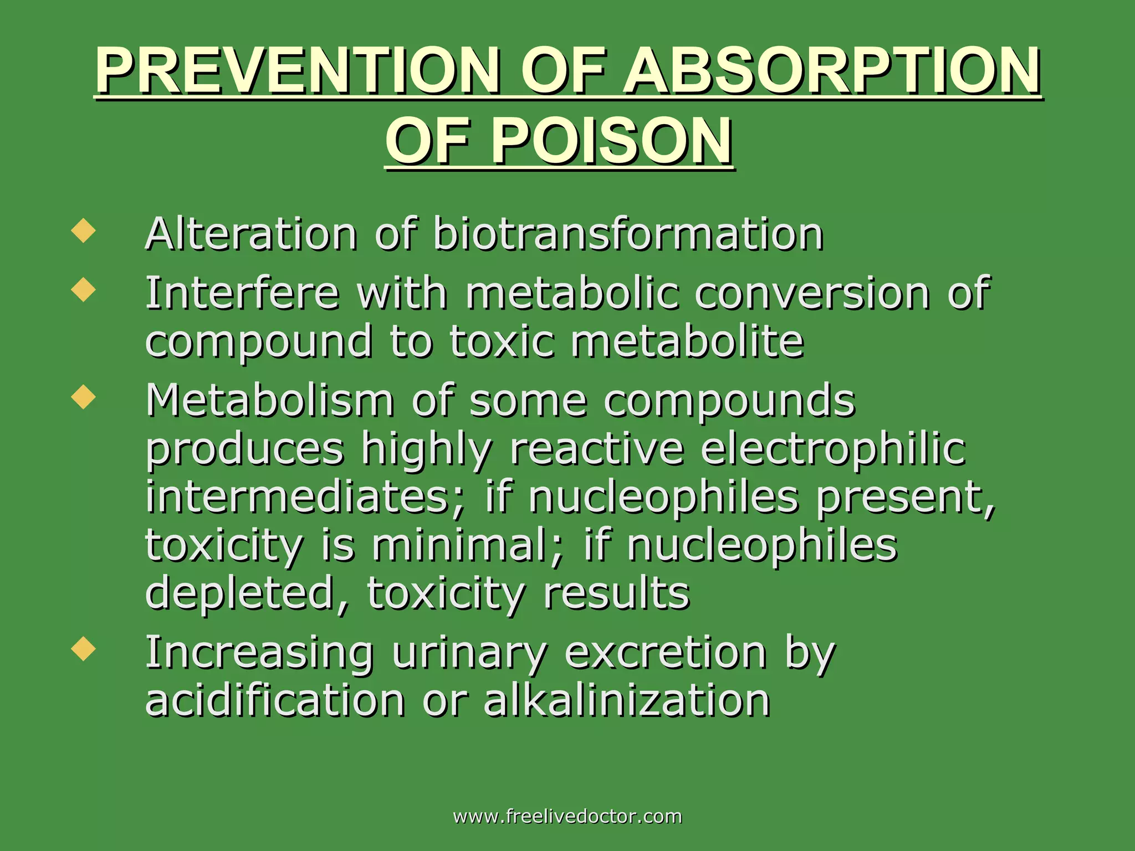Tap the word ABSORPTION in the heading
point(831,71)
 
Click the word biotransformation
point(627,234)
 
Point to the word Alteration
point(251,234)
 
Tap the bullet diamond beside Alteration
point(84,230)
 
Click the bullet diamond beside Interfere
point(84,290)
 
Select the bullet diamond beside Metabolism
point(84,397)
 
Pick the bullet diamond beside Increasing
point(84,649)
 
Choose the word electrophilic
point(833,449)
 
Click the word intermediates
point(304,497)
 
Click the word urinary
point(469,653)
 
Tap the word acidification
point(275,700)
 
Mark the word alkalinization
point(627,700)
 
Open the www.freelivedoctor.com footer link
point(567,816)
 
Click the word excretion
point(666,653)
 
